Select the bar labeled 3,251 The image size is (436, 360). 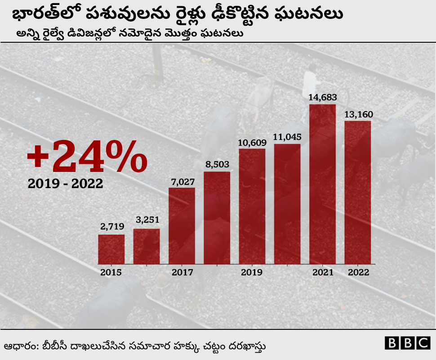147,246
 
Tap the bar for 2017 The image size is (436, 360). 182,225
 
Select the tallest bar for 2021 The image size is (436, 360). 322,184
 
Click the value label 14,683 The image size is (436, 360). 322,97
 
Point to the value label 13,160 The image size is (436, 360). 358,114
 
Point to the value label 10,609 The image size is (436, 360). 252,143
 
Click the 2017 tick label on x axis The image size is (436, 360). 182,272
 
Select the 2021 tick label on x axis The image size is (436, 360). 322,272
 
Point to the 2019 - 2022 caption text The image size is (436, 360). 65,184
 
